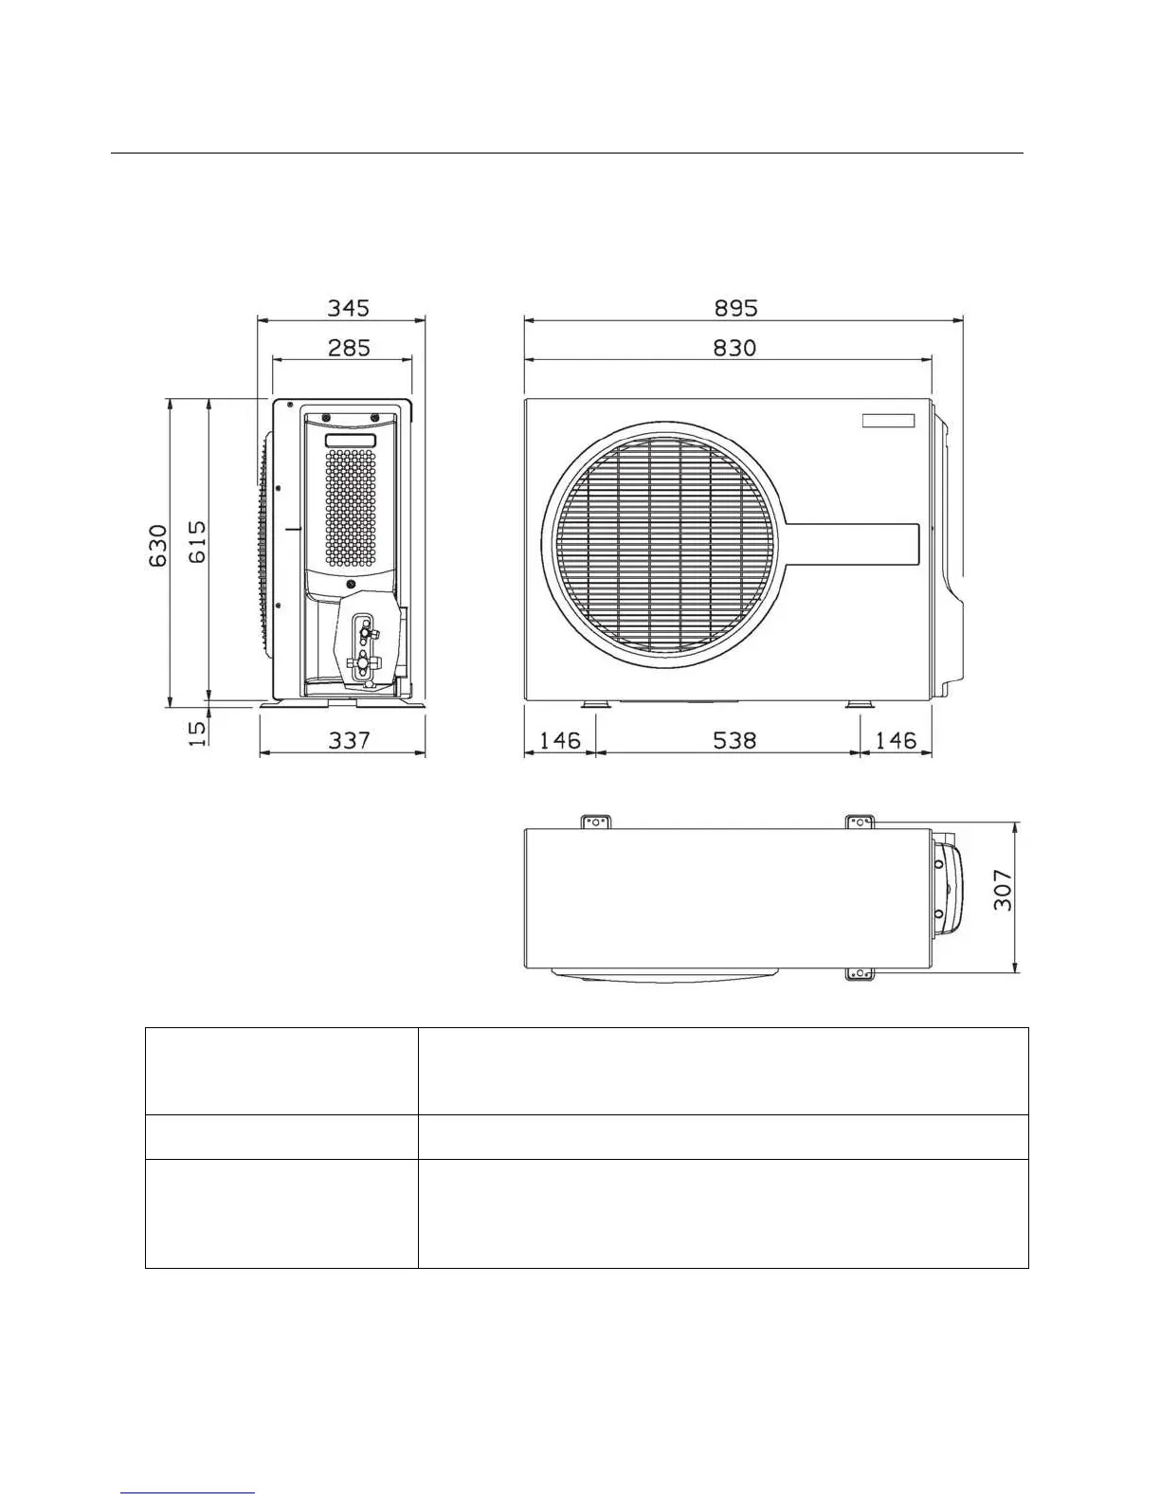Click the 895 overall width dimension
click(x=735, y=307)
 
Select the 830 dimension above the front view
click(x=734, y=347)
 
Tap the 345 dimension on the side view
click(x=348, y=307)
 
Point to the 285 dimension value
click(x=349, y=347)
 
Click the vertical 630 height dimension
click(x=157, y=546)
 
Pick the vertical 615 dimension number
click(x=197, y=542)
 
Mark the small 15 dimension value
click(x=197, y=732)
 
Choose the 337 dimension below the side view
click(x=349, y=740)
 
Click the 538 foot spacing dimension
click(x=734, y=740)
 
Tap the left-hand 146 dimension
click(x=559, y=740)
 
